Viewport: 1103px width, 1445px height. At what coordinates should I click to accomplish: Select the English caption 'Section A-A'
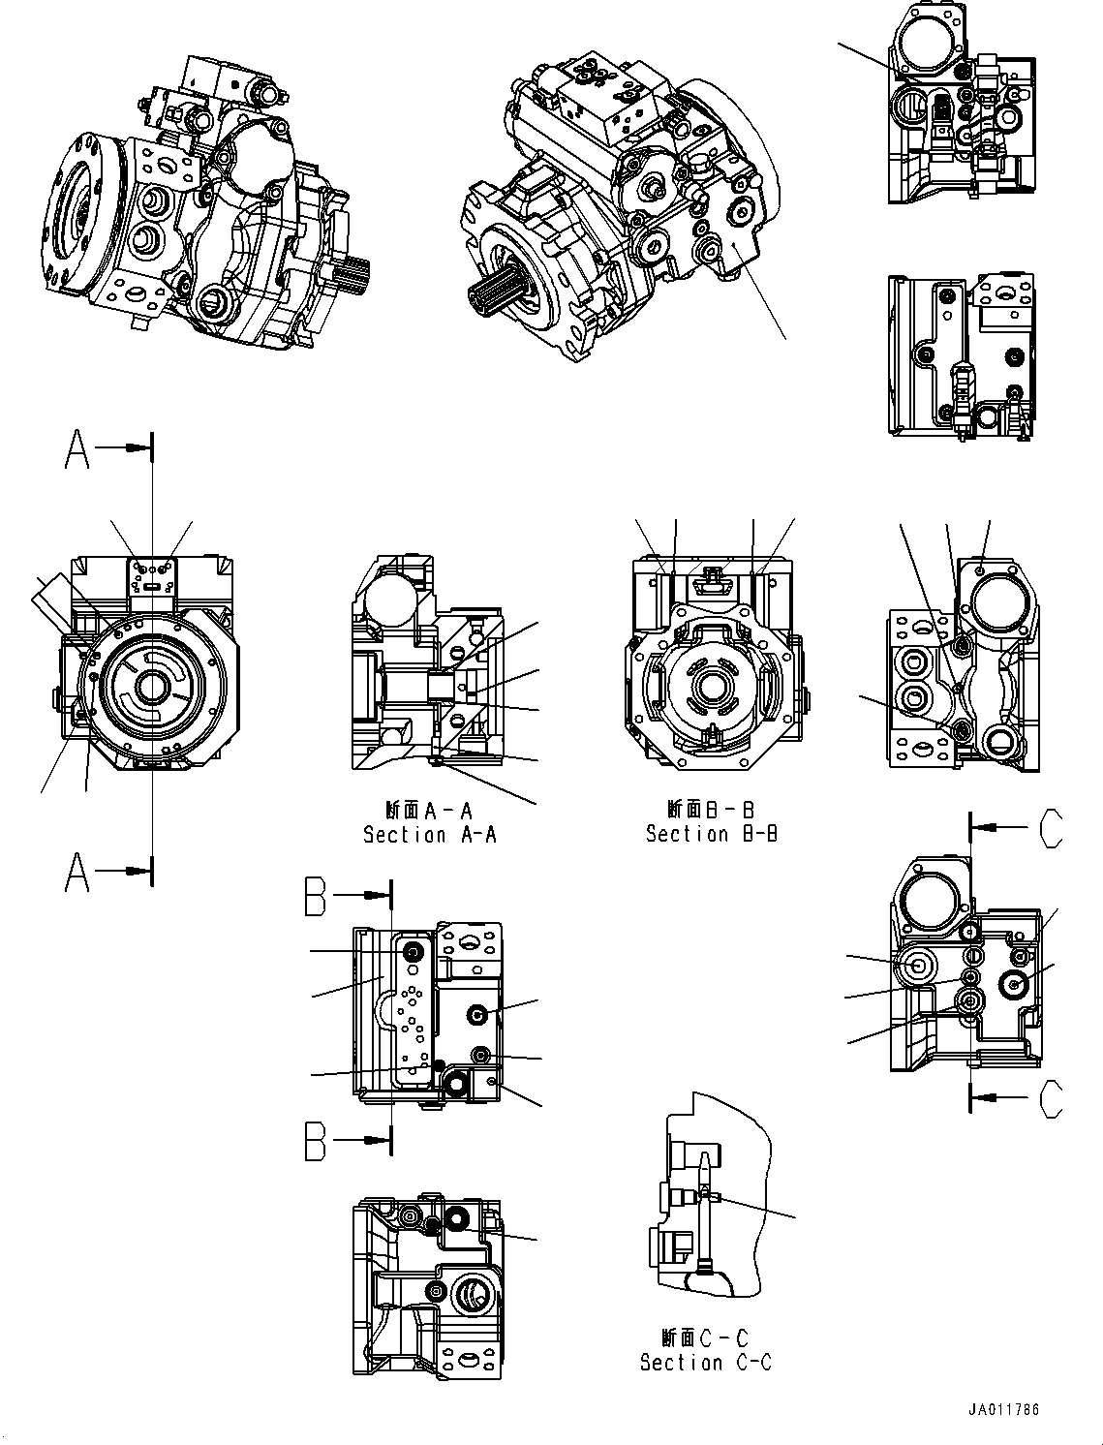pos(429,835)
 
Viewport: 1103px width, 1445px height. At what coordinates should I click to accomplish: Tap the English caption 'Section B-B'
pos(712,834)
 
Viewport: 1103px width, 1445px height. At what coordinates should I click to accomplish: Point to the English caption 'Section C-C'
pos(705,1362)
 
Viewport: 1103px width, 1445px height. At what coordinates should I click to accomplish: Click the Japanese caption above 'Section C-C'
pos(705,1337)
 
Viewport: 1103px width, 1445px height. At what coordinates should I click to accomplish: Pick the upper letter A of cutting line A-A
pos(77,449)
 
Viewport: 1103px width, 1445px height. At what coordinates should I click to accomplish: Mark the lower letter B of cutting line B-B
pos(316,1140)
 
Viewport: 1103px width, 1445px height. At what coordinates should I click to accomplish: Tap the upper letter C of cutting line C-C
pos(1050,828)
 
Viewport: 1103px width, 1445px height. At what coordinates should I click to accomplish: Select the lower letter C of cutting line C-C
pos(1050,1097)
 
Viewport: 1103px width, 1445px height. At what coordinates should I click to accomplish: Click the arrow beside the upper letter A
pos(126,448)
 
